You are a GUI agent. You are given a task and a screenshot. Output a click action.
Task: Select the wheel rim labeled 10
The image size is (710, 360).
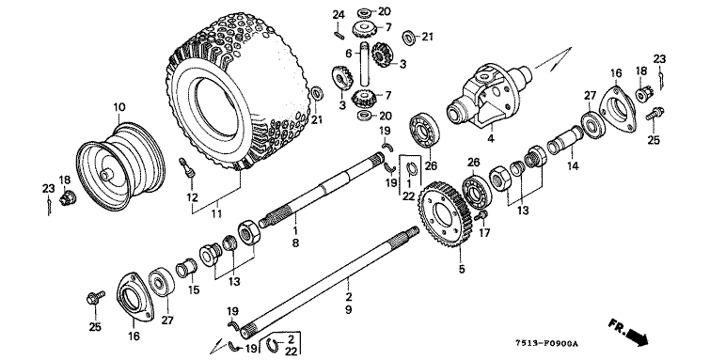tap(120, 166)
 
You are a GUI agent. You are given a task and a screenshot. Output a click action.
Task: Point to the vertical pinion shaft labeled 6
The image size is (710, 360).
tap(365, 64)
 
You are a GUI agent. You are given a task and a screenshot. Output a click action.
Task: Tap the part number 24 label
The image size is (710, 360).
tap(339, 15)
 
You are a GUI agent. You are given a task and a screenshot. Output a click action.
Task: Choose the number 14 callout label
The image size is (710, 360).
tap(573, 166)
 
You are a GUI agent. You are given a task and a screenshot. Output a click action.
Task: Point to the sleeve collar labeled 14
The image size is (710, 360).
tap(564, 138)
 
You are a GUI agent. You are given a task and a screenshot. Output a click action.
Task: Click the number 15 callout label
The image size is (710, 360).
tap(194, 290)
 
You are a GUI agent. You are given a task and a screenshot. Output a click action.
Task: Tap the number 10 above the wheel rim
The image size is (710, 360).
tap(119, 108)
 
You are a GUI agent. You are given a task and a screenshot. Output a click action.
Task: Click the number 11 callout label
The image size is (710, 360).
tap(216, 213)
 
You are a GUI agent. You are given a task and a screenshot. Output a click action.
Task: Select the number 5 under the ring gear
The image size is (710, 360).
tap(462, 270)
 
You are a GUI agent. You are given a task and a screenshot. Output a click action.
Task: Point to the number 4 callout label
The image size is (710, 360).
tap(491, 138)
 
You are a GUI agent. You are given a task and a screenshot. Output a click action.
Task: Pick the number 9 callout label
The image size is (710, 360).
tap(348, 310)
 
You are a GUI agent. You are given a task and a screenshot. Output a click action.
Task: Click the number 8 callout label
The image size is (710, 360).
tap(295, 243)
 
